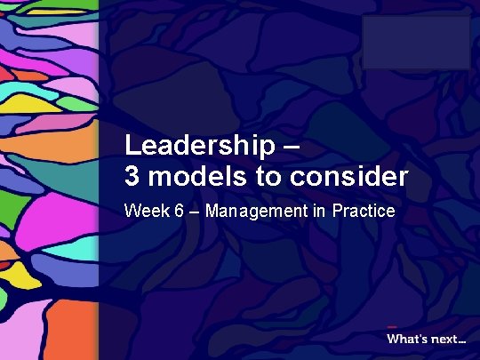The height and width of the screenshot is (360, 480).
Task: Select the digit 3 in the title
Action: (x=132, y=177)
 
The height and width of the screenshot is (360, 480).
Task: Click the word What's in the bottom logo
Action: (x=406, y=338)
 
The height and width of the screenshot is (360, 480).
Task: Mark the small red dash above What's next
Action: (x=392, y=324)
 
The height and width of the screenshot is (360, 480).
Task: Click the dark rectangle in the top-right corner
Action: (x=415, y=42)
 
